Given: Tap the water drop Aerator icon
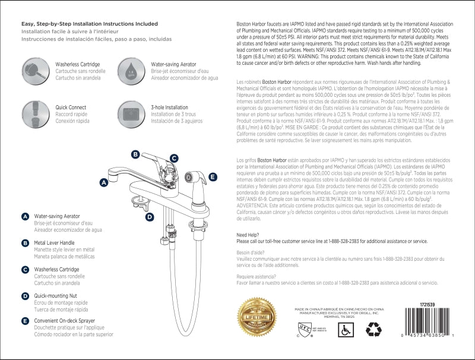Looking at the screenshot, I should (x=131, y=70).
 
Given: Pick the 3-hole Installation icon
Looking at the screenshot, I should (x=131, y=112).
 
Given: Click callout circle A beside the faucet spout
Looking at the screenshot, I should (x=104, y=183).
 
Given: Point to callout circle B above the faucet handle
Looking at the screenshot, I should (x=135, y=154).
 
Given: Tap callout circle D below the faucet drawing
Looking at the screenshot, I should (x=150, y=217).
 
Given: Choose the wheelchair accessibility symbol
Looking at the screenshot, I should (x=346, y=330).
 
